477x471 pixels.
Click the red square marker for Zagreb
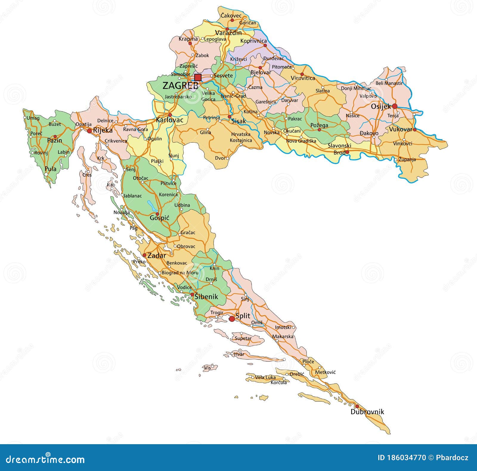[x=198, y=77]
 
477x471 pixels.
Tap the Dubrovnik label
[x=367, y=412]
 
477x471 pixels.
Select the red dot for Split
[x=232, y=319]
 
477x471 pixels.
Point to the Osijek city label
[x=380, y=106]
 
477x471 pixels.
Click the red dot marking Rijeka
[x=89, y=131]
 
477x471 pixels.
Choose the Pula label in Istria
[x=50, y=169]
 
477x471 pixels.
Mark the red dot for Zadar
[x=144, y=255]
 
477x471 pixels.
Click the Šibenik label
[x=206, y=297]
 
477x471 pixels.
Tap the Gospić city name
[x=159, y=218]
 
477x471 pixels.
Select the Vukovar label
[x=400, y=129]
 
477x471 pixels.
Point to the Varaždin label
[x=228, y=33]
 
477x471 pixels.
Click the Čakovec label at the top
[x=231, y=15]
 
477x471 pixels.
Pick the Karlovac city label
[x=170, y=120]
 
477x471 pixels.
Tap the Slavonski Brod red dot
[x=347, y=152]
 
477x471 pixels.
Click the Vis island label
[x=207, y=368]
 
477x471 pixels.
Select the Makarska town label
[x=283, y=336]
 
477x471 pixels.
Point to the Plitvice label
[x=168, y=183]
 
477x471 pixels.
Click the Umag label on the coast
[x=33, y=118]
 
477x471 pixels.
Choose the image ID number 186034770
[x=402, y=458]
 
